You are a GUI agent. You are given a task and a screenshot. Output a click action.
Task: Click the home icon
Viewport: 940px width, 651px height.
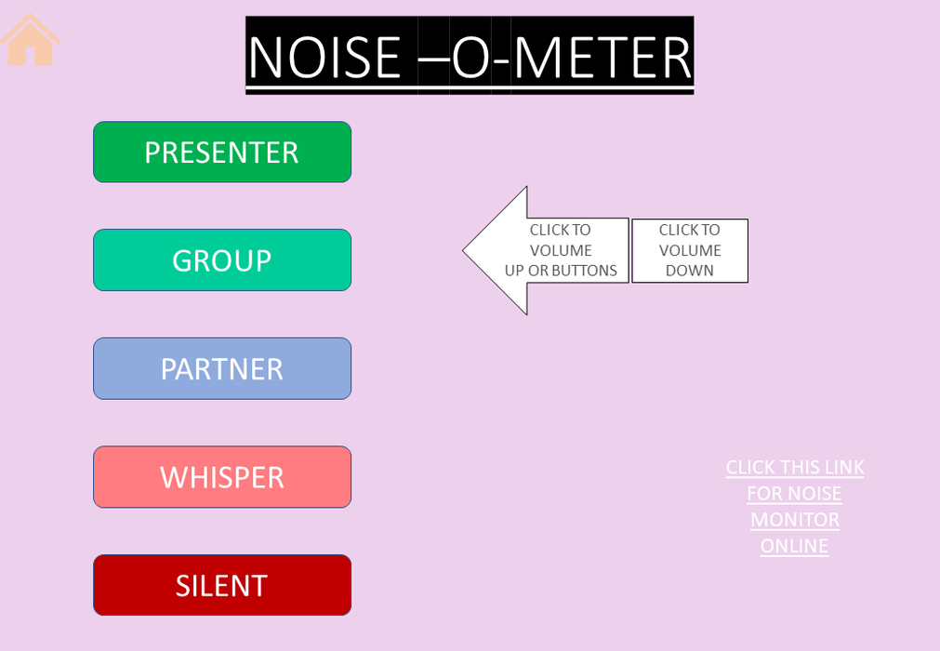click(30, 40)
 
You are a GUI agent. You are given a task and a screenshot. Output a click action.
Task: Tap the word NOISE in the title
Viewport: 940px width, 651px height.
click(324, 57)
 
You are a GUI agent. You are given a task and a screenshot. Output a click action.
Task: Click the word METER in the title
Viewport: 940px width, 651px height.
click(603, 57)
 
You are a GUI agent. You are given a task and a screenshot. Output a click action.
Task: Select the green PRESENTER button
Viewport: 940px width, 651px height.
click(222, 152)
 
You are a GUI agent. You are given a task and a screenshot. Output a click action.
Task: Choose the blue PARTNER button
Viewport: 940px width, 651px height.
click(222, 368)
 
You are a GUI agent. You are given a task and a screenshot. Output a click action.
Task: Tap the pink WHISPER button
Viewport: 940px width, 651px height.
click(222, 477)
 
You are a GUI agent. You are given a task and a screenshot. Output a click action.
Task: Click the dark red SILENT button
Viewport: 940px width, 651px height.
click(222, 585)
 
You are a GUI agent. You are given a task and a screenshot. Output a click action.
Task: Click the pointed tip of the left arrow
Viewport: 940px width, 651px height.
click(463, 250)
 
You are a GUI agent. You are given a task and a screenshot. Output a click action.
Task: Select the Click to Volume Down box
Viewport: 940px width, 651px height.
click(690, 250)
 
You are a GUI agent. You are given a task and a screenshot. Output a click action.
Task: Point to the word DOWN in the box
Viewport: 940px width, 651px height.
click(689, 271)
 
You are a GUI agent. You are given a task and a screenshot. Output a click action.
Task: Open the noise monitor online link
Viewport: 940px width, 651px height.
click(795, 507)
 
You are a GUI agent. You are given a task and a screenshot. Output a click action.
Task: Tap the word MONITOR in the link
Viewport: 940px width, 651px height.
click(795, 520)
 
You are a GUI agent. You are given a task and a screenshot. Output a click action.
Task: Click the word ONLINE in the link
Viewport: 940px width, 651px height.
click(794, 546)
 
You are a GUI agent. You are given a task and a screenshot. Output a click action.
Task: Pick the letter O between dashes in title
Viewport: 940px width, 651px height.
click(471, 57)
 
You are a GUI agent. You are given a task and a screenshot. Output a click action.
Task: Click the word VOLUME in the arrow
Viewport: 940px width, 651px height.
click(561, 250)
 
